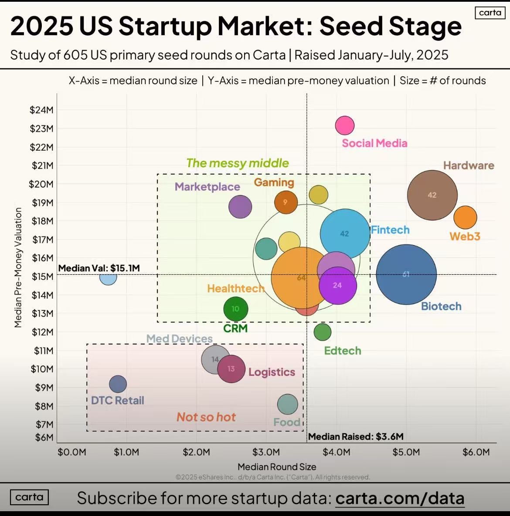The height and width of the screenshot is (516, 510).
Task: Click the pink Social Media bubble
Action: pos(345,125)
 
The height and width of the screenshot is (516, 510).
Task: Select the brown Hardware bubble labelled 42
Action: pos(432,195)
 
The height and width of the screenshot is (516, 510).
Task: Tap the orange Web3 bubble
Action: pos(465,217)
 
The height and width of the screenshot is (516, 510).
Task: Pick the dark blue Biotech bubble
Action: pos(406,274)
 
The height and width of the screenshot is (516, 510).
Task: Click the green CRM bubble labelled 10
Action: pos(235,309)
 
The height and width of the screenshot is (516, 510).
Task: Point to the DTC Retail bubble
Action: pos(118,384)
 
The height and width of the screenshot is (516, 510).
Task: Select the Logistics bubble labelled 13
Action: pos(231,369)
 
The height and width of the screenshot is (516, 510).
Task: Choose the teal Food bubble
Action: pos(287,404)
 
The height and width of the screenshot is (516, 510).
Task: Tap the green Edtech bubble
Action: pos(322,332)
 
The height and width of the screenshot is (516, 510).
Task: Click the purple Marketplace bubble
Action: pos(240,206)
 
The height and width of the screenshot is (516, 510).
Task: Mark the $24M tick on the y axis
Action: pos(41,110)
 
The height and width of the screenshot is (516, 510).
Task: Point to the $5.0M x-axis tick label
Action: pos(406,452)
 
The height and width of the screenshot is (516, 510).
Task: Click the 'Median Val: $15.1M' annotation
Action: pos(99,268)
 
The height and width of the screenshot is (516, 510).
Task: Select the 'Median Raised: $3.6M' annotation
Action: pos(356,437)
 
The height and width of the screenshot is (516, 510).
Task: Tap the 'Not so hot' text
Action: pos(206,417)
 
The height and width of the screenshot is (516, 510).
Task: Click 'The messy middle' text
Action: pos(238,163)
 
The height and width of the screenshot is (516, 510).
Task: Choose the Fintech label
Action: pos(390,230)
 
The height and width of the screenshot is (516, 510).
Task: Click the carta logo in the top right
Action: pos(490,13)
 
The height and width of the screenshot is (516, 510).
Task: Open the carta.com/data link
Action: pos(400,498)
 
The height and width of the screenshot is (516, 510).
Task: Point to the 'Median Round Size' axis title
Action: pos(277,467)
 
